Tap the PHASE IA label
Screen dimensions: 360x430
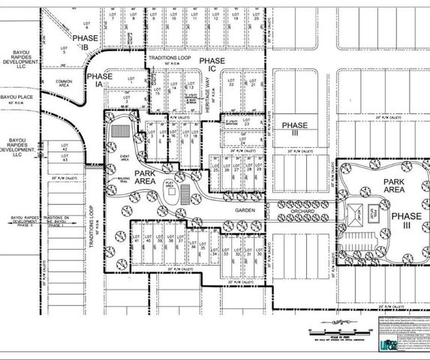tap(100, 80)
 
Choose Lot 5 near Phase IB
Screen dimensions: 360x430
tap(64, 51)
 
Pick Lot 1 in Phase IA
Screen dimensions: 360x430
tap(131, 80)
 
